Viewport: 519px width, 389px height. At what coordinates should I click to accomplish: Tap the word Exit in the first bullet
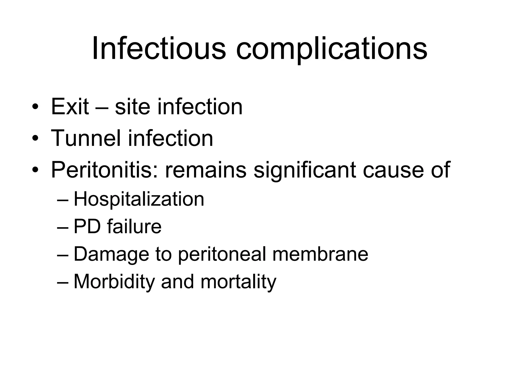click(x=70, y=107)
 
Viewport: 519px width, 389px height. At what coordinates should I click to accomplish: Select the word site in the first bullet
click(x=132, y=107)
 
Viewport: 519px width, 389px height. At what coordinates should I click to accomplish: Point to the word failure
click(x=134, y=227)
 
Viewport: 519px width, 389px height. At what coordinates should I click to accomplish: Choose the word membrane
click(x=320, y=254)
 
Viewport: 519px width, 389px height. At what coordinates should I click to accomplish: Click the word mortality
click(x=238, y=282)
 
